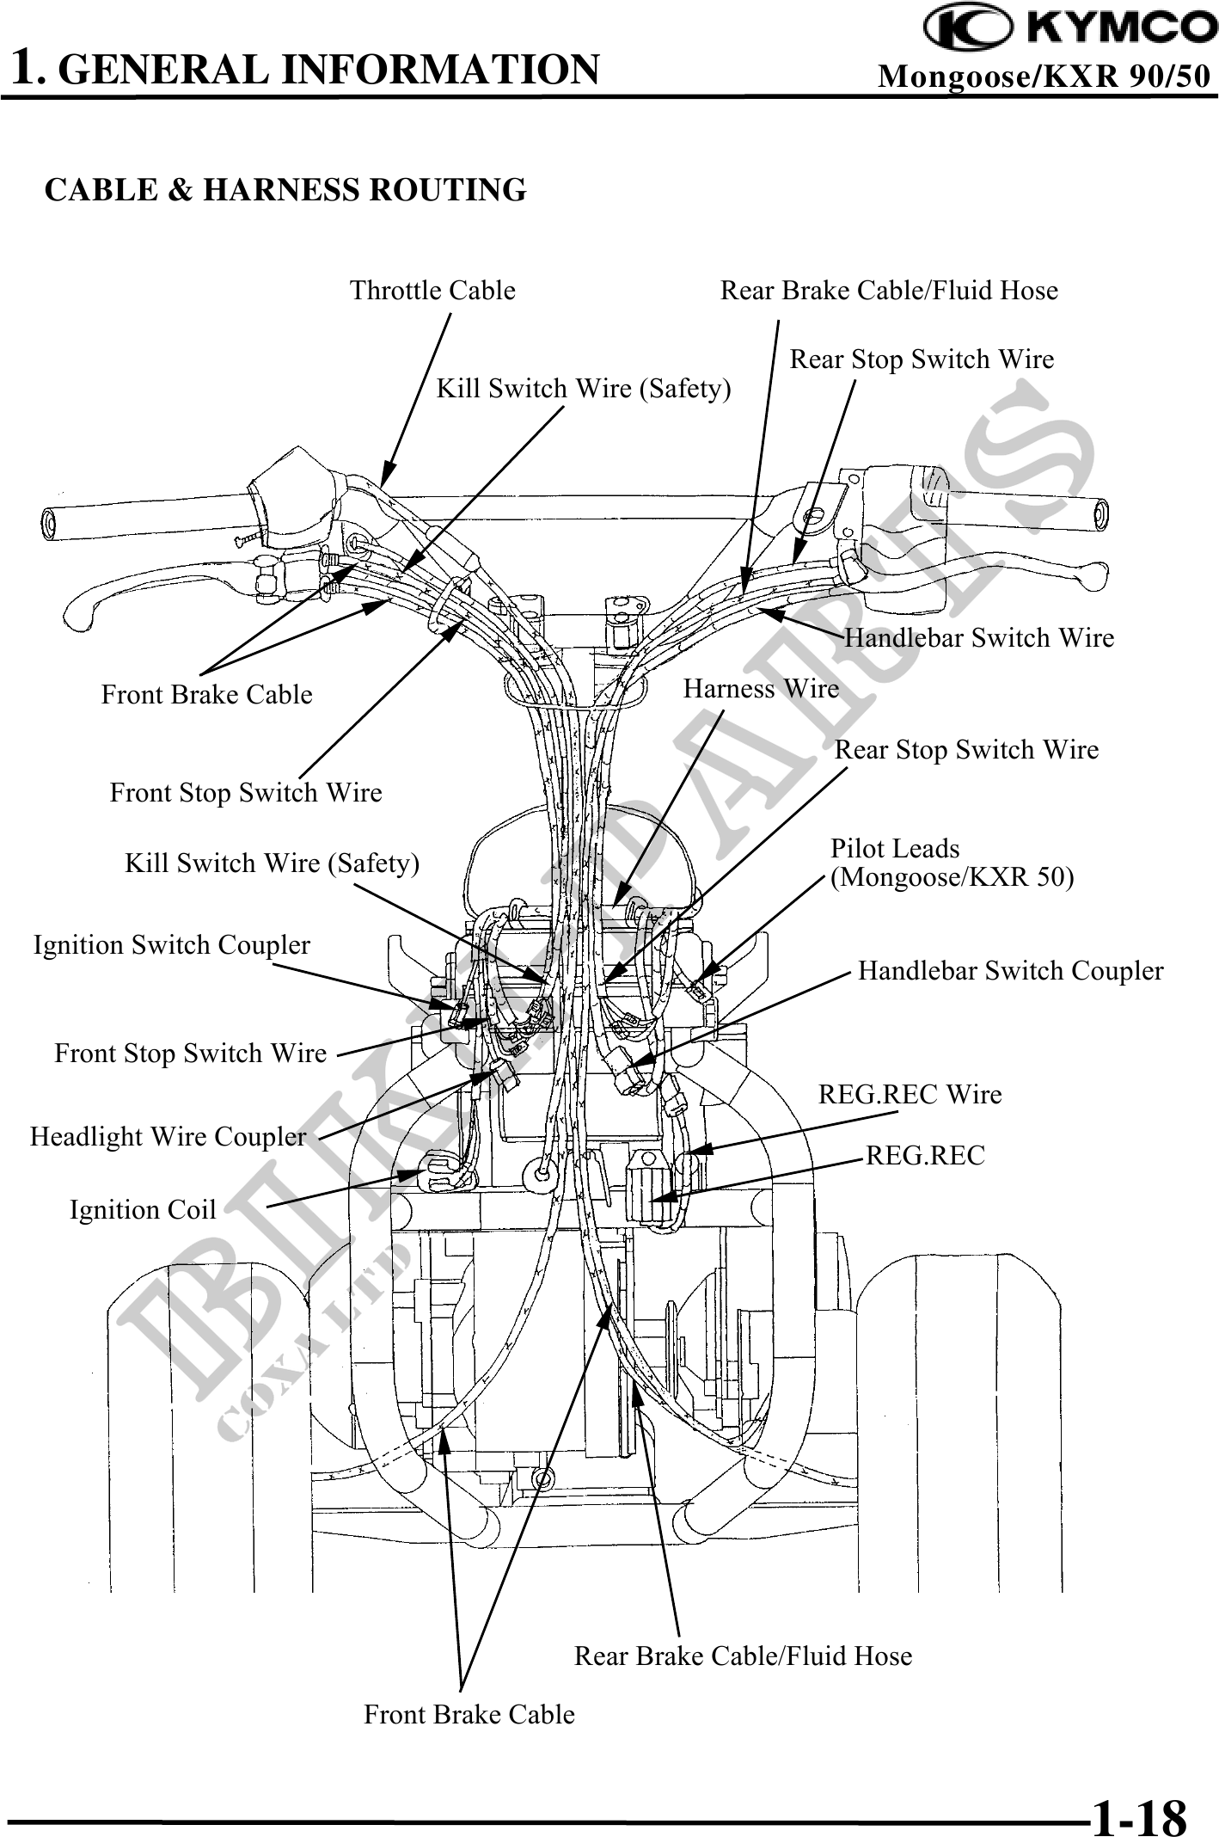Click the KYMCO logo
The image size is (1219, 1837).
pyautogui.click(x=1070, y=28)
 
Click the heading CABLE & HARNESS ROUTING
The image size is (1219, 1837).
pyautogui.click(x=285, y=189)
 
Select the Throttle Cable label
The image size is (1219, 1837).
pyautogui.click(x=432, y=291)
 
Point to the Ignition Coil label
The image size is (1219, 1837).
pyautogui.click(x=143, y=1210)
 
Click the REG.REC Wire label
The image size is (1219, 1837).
pyautogui.click(x=910, y=1095)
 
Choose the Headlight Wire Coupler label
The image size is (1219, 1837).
pyautogui.click(x=168, y=1137)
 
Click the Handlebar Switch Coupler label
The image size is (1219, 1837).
pyautogui.click(x=1010, y=971)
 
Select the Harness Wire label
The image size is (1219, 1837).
pyautogui.click(x=761, y=689)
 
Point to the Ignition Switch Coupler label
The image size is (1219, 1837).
pyautogui.click(x=171, y=945)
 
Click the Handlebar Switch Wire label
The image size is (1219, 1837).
pyautogui.click(x=979, y=638)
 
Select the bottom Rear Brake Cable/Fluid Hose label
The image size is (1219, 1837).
pyautogui.click(x=743, y=1656)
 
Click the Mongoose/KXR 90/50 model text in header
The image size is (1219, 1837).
pyautogui.click(x=1044, y=77)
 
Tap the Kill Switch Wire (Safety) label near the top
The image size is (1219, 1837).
pyautogui.click(x=584, y=389)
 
